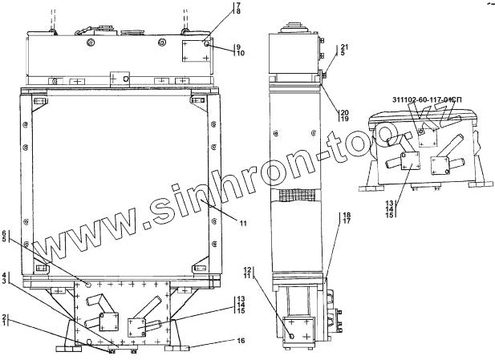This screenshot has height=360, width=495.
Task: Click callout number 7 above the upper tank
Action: tap(238, 5)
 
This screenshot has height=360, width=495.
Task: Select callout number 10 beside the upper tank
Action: tap(240, 54)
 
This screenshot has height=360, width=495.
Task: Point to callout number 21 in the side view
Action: tap(344, 47)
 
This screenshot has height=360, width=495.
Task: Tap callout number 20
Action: tap(344, 112)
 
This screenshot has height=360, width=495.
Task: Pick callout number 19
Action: tap(344, 119)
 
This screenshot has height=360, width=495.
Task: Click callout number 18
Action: tap(347, 216)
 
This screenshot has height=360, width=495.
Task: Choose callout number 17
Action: tap(347, 221)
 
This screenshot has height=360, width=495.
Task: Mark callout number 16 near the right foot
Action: tap(241, 341)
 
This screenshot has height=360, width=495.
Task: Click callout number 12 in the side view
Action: tap(247, 269)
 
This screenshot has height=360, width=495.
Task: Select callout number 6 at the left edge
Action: tap(4, 233)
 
